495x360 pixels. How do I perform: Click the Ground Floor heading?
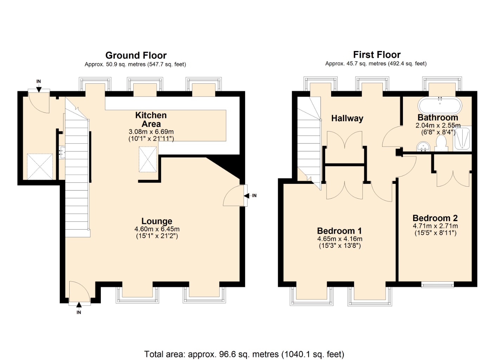[x=136, y=56]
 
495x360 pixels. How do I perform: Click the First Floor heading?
[x=377, y=55]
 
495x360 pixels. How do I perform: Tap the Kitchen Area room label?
[x=151, y=120]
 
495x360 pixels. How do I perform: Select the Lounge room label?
[x=157, y=221]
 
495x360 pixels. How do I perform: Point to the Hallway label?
[x=347, y=118]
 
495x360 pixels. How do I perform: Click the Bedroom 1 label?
[x=339, y=231]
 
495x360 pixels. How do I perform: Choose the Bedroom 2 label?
[x=435, y=218]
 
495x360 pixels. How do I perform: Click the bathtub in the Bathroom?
[x=439, y=104]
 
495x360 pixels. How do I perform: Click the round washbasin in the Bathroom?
[x=423, y=146]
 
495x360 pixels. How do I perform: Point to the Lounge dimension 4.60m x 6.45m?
[x=157, y=229]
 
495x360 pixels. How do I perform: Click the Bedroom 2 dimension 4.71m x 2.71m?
[x=435, y=226]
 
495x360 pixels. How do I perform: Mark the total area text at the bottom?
[x=244, y=354]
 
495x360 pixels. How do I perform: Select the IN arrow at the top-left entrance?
[x=39, y=86]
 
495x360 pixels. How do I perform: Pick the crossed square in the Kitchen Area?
[x=148, y=159]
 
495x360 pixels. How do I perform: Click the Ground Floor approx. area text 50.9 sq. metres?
[x=135, y=64]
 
